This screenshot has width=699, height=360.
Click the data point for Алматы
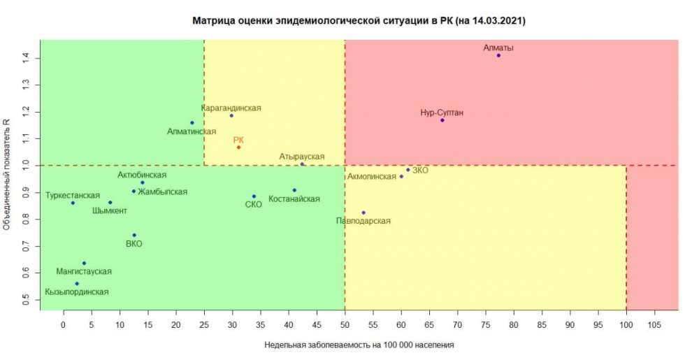[x=498, y=55]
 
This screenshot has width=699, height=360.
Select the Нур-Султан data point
[x=442, y=120]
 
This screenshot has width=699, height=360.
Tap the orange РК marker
[x=238, y=147]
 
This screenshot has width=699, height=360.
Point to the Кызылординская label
[x=77, y=292]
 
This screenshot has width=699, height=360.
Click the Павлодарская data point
[x=363, y=213]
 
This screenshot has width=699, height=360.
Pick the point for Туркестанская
[x=73, y=203]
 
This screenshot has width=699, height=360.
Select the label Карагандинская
[x=231, y=108]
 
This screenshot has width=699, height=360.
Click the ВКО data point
[x=134, y=235]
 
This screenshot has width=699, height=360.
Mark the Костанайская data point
[x=294, y=190]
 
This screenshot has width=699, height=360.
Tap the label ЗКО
[x=420, y=170]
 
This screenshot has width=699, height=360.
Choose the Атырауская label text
[x=302, y=157]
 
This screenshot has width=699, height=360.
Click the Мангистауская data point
[x=84, y=263]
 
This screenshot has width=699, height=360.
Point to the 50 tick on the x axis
[x=345, y=324]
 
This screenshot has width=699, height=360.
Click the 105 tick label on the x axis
[x=654, y=324]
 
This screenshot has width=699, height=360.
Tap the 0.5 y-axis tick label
[x=26, y=300]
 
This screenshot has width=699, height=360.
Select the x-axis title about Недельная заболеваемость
[x=359, y=345]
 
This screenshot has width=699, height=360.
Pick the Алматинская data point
[x=192, y=123]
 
